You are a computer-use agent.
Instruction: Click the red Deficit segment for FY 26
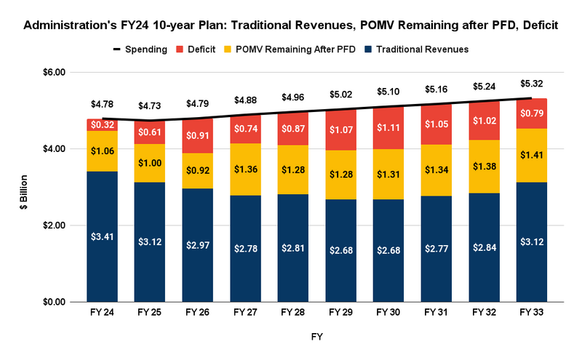tap(197, 136)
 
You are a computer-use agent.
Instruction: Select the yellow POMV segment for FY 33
tap(531, 155)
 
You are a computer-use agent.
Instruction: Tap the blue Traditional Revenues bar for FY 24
tap(102, 236)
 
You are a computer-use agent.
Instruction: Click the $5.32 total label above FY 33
tap(531, 84)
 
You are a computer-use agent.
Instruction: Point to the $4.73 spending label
tap(150, 106)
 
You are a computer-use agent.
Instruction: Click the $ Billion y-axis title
tap(24, 187)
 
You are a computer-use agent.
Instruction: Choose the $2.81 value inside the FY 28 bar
tap(292, 248)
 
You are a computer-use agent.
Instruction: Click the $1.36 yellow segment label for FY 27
tap(245, 169)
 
